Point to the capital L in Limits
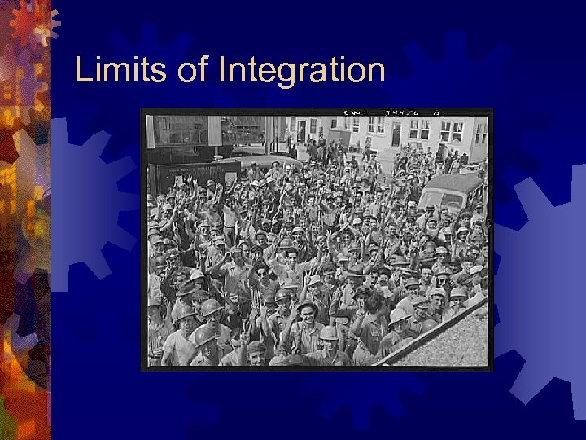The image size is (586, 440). (x=81, y=70)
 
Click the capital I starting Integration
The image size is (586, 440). (x=222, y=70)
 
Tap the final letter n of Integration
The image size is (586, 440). (x=376, y=73)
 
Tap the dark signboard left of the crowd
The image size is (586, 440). (x=195, y=175)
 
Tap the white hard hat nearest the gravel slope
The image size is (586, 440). (x=400, y=316)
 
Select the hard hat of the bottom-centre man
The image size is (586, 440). (x=329, y=332)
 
